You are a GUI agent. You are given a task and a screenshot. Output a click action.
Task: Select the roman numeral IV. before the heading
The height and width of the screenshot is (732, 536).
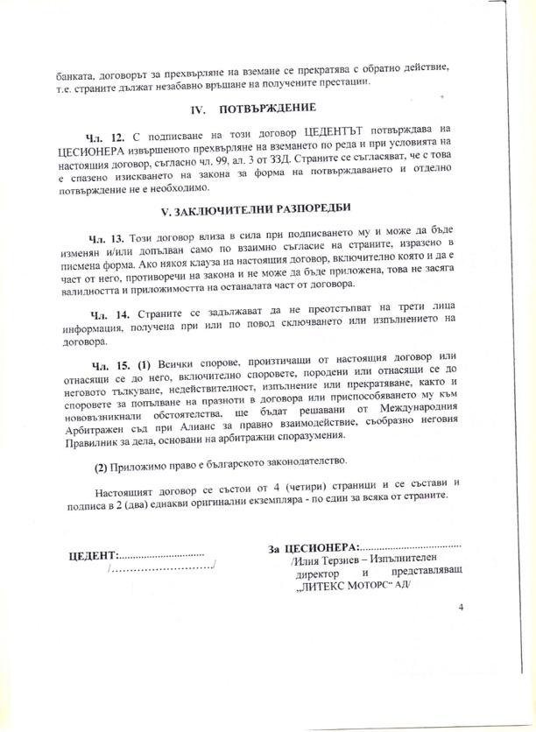[x=198, y=110]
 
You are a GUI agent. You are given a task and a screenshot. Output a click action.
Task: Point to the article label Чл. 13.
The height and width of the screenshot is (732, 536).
[x=108, y=238]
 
